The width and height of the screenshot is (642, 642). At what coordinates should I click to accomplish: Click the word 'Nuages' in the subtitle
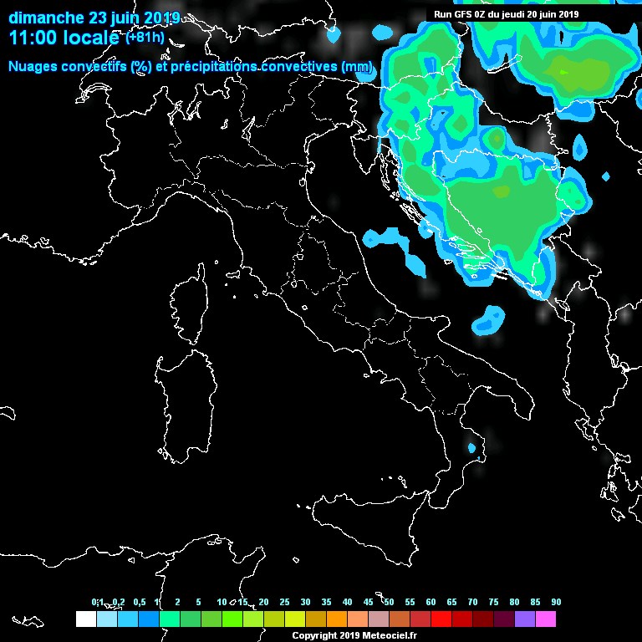coord(34,66)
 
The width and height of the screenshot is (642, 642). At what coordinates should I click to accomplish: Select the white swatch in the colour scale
coord(85,619)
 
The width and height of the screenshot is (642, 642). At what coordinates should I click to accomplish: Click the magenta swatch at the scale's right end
coord(546,619)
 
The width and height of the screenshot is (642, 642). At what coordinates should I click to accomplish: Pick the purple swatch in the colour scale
coord(525,619)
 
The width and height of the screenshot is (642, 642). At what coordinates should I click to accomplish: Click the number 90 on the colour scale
coord(556,603)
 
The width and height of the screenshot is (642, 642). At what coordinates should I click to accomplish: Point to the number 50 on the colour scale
coord(389,603)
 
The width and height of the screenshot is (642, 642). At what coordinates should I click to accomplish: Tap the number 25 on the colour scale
coord(284,603)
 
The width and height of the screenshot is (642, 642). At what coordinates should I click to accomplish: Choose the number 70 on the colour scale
coord(472,603)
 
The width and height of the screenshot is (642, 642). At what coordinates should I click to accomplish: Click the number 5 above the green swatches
coord(198,603)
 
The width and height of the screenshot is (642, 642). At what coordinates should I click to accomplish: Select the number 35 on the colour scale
coord(326,603)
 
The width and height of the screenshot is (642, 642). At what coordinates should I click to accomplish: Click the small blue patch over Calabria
coord(472,449)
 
